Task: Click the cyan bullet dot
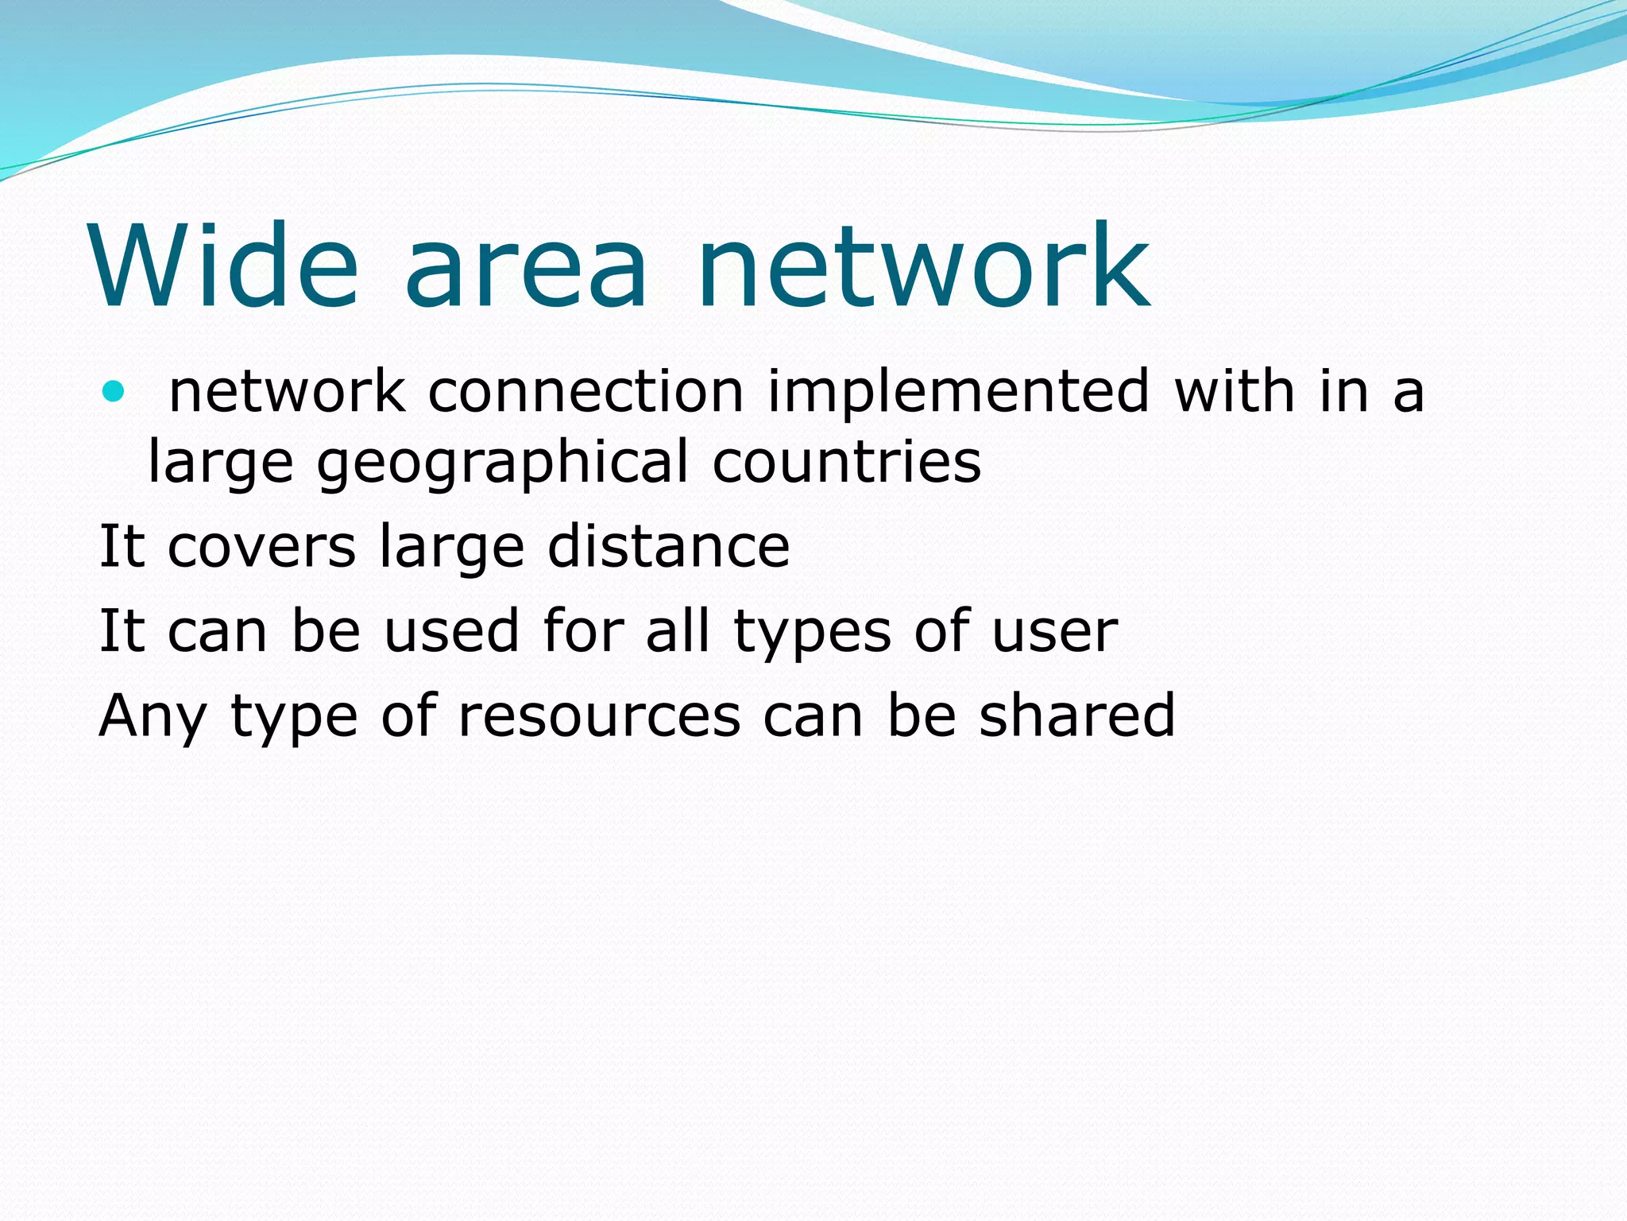(x=114, y=391)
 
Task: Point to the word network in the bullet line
(x=287, y=391)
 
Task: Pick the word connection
(x=586, y=391)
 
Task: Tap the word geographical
(x=502, y=463)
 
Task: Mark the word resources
(x=600, y=716)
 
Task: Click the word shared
(x=1076, y=715)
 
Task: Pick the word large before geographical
(x=221, y=463)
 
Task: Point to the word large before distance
(x=451, y=548)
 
